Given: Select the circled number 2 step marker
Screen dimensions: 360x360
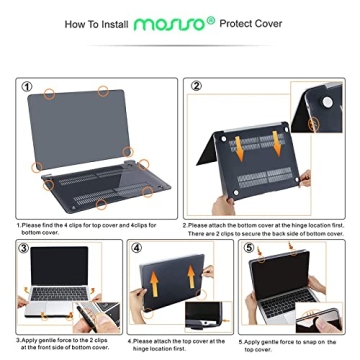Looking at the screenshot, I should pyautogui.click(x=196, y=87).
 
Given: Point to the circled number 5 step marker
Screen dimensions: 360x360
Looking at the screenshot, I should pyautogui.click(x=247, y=247).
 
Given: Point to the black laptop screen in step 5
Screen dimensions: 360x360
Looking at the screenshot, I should pyautogui.click(x=290, y=263).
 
